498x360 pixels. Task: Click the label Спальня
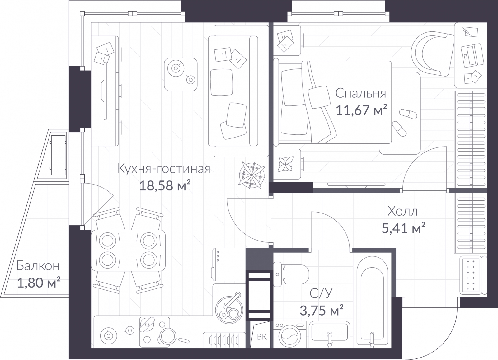click(361, 94)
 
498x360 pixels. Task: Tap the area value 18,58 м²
click(165, 185)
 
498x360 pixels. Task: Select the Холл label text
click(403, 211)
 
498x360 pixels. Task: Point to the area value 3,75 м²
click(322, 310)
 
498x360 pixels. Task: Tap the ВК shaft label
click(262, 337)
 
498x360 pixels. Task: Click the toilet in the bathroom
click(291, 274)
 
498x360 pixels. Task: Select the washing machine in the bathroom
click(290, 335)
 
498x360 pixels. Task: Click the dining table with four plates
click(128, 250)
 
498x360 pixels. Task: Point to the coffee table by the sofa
click(181, 74)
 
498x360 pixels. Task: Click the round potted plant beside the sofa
click(252, 175)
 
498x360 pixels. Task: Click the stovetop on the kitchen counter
click(154, 333)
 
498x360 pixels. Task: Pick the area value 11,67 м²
click(361, 110)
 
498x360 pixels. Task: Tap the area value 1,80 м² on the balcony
click(39, 282)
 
